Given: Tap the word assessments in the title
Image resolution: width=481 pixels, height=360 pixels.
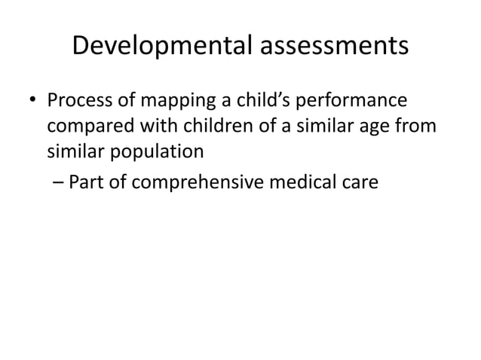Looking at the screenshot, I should [x=334, y=47].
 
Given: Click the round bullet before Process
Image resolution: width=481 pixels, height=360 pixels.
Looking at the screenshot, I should [x=30, y=101].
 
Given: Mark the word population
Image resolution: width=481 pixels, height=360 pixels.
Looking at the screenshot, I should [x=159, y=151].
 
